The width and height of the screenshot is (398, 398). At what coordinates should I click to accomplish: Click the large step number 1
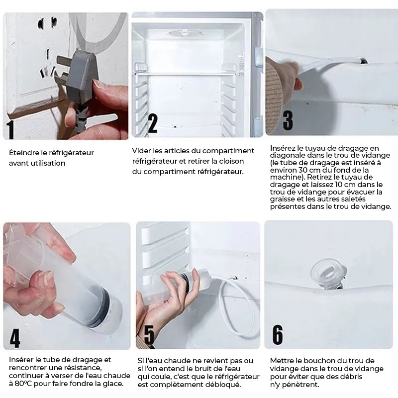click(10, 129)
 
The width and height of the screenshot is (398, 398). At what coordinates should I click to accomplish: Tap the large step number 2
click(152, 123)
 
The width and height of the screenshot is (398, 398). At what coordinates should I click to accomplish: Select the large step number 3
click(288, 120)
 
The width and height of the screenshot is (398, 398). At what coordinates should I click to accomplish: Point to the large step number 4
click(15, 338)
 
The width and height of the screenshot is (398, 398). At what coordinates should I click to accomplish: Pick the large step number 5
click(149, 335)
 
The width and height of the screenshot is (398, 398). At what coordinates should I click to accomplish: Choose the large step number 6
click(278, 335)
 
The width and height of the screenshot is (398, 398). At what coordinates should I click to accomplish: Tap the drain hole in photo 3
click(363, 61)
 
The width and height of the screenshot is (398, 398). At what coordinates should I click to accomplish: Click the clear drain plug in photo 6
click(328, 274)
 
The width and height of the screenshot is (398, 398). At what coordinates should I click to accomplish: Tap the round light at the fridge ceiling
click(185, 33)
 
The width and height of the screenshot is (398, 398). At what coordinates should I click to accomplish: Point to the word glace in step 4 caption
click(114, 383)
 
